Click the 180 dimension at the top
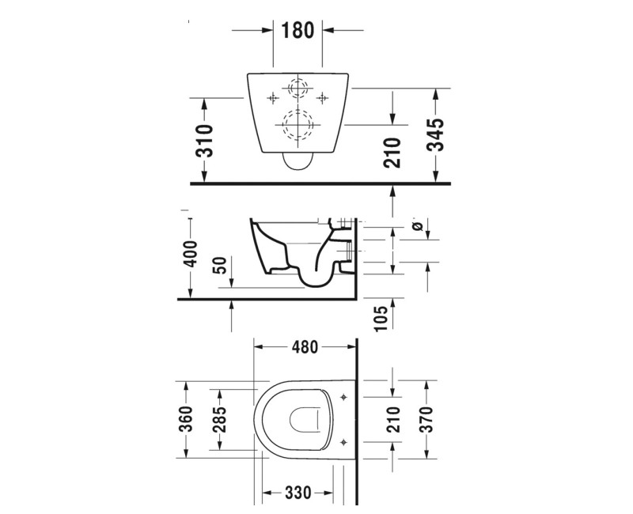click(x=298, y=30)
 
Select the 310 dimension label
click(x=204, y=140)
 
